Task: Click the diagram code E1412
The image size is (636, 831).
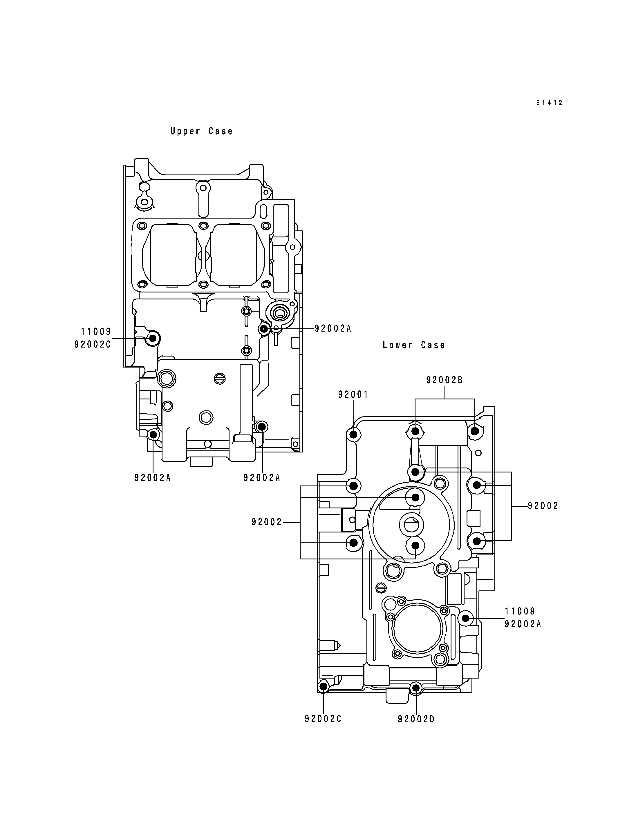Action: (x=549, y=103)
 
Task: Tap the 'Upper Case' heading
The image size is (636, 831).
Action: (x=201, y=131)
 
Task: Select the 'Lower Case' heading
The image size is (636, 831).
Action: (x=414, y=345)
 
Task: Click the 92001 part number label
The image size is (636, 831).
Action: (x=353, y=394)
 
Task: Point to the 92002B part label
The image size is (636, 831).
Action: (x=445, y=380)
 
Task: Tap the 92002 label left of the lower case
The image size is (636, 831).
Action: (x=267, y=522)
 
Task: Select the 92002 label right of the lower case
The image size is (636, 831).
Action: (x=543, y=506)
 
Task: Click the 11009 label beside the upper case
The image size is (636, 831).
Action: (x=96, y=332)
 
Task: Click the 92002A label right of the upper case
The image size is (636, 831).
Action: (x=333, y=329)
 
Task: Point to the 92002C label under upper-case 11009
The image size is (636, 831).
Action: (x=93, y=345)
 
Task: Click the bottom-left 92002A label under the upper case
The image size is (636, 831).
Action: (x=153, y=478)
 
